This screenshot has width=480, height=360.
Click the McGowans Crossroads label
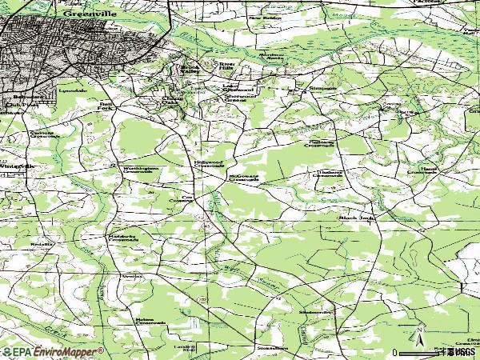tap(243, 178)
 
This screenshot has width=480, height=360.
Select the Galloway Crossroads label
tap(322, 144)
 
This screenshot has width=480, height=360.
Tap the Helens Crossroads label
tap(150, 322)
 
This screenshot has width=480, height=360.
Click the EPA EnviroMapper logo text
tap(52, 351)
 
